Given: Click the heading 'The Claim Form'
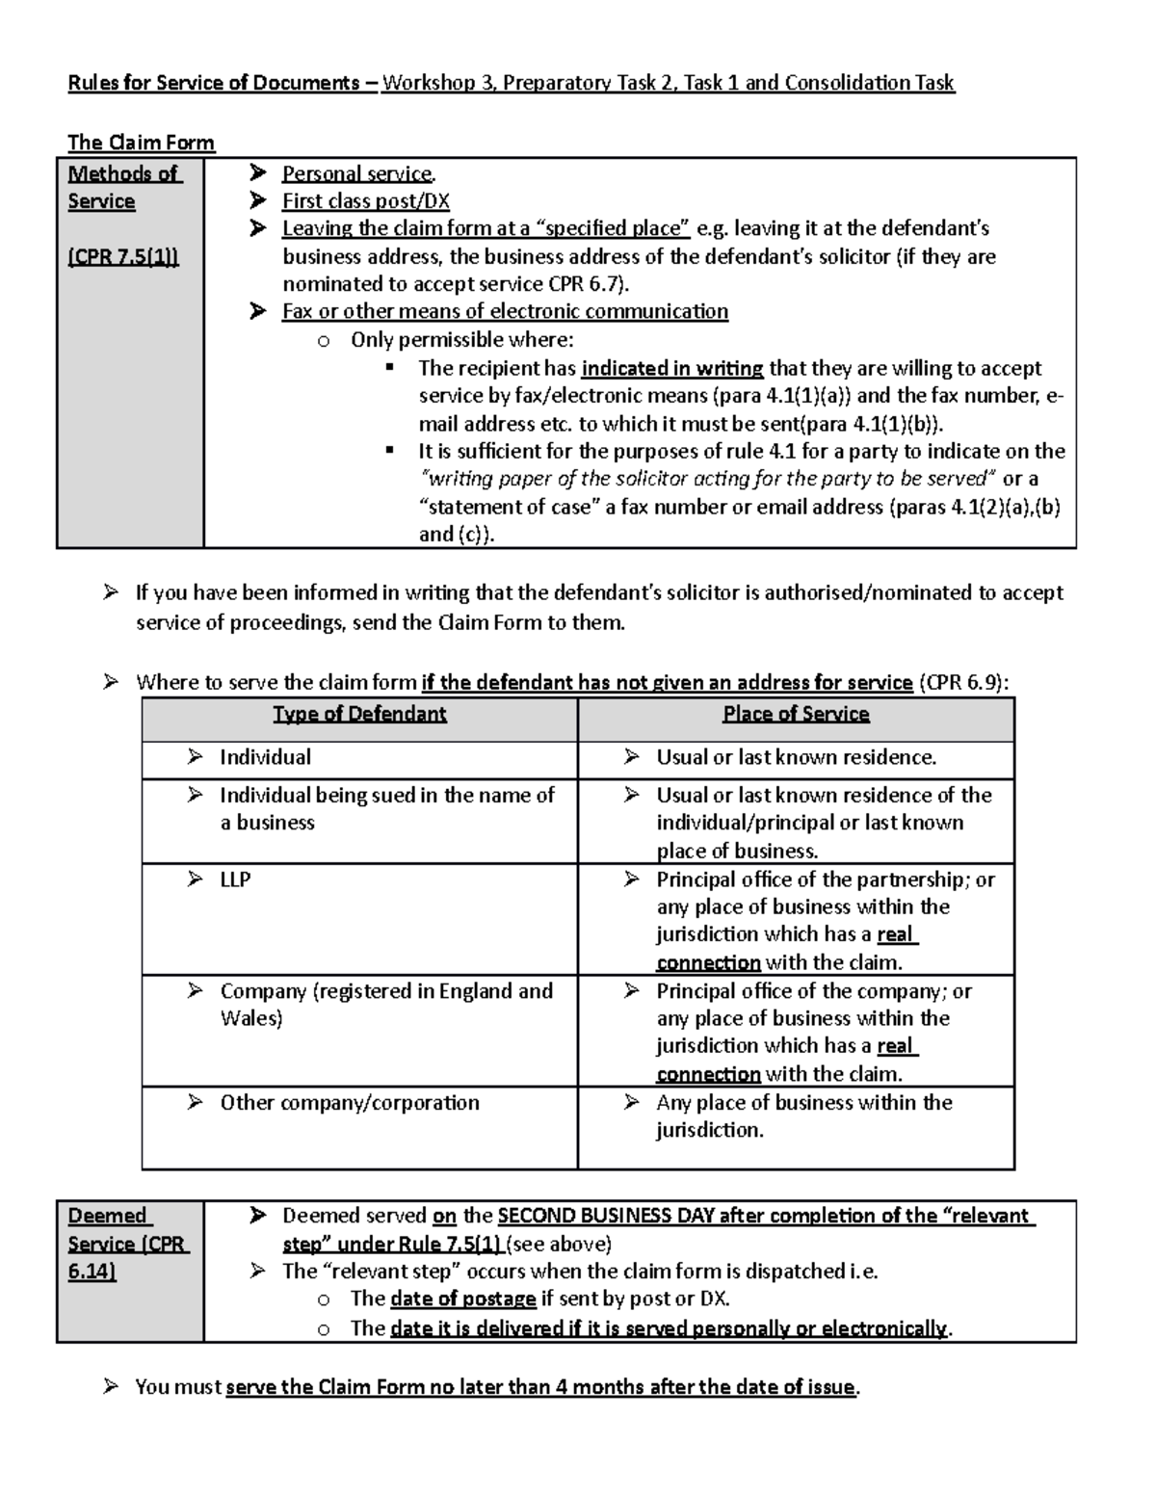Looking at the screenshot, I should click(x=141, y=143).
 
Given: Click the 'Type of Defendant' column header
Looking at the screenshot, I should click(x=359, y=714).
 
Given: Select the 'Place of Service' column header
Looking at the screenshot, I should click(x=796, y=714).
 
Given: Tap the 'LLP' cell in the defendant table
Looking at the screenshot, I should click(x=235, y=879).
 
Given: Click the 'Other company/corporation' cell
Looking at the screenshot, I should click(x=349, y=1102).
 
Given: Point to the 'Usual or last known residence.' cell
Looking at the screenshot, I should click(x=796, y=757).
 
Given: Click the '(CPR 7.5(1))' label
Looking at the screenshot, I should click(x=123, y=257).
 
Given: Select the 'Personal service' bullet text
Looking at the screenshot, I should click(x=357, y=173).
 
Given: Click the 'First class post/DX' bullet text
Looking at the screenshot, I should click(x=365, y=201).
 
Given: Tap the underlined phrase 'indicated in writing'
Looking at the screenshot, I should click(x=672, y=368).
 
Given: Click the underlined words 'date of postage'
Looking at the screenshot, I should click(x=463, y=1299).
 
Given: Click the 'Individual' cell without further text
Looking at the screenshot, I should click(x=265, y=757).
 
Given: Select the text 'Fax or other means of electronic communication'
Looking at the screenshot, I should click(x=505, y=311).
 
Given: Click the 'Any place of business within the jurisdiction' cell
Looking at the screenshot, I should click(x=803, y=1115).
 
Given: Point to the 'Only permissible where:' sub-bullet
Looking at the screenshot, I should click(x=461, y=339).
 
